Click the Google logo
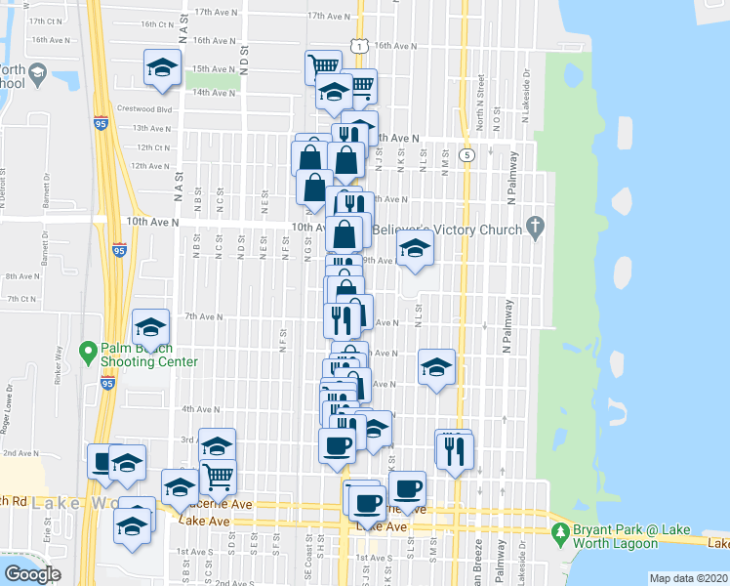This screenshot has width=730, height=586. (32, 574)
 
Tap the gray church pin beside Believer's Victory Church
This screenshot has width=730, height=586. (534, 228)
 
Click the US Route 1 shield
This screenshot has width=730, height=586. (361, 46)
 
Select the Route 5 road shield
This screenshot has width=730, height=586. (468, 155)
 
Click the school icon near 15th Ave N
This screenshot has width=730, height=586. (162, 68)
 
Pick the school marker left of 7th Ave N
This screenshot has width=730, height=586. (150, 327)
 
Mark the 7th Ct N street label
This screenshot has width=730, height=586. (20, 299)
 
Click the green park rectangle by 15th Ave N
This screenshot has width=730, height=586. (225, 79)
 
